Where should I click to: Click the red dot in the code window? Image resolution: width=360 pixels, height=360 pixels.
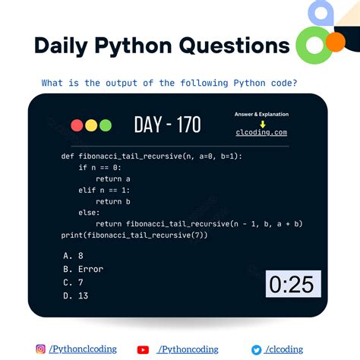(77, 125)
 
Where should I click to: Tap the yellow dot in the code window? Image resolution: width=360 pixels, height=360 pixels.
(90, 125)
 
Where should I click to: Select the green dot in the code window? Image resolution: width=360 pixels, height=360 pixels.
(105, 125)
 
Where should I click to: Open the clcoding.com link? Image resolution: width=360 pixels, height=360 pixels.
(261, 132)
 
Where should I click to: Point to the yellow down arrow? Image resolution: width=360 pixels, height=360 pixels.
(261, 123)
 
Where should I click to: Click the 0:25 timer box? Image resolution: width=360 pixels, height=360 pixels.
(292, 285)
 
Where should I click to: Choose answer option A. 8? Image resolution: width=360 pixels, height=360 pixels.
(74, 256)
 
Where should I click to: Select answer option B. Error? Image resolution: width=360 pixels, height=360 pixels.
(84, 269)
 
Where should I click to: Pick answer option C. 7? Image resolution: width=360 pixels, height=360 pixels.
(74, 282)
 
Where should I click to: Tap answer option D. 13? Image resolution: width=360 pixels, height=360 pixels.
(77, 295)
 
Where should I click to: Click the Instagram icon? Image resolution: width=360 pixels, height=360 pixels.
(40, 349)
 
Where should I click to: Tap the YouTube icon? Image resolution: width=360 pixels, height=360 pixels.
(143, 349)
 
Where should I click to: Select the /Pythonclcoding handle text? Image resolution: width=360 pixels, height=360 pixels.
(83, 349)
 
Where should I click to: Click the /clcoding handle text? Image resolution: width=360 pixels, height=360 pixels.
(286, 349)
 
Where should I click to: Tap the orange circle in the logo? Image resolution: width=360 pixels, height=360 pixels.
(334, 43)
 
